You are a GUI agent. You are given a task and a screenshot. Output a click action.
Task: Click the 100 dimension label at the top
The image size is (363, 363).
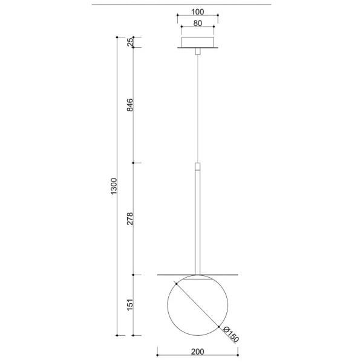[x=197, y=11]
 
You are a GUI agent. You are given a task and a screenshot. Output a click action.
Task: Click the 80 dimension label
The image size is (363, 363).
[x=197, y=24]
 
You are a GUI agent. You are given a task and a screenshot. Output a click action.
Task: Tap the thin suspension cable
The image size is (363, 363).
[x=197, y=109]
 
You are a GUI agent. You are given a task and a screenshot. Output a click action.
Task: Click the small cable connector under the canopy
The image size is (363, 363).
[x=197, y=53]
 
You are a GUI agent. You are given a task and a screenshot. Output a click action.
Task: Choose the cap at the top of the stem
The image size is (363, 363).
[x=197, y=165]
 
